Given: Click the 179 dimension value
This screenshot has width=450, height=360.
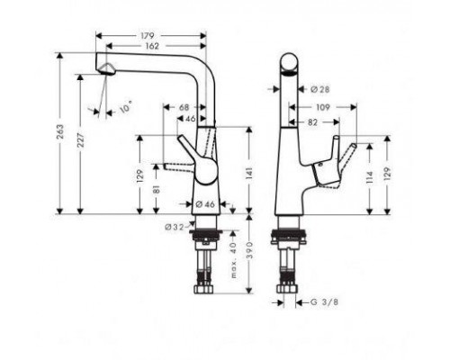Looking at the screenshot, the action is click(x=148, y=36).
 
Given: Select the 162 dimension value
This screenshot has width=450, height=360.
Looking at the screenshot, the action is click(x=152, y=46).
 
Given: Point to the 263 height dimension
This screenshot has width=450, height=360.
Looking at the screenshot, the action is click(x=60, y=132).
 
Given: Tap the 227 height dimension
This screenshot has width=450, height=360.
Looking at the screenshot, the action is click(x=80, y=140).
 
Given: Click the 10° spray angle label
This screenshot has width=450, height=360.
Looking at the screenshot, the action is click(x=126, y=107).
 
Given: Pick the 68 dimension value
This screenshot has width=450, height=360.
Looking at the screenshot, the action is click(x=184, y=107).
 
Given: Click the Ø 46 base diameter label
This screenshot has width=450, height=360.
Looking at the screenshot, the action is click(x=205, y=204).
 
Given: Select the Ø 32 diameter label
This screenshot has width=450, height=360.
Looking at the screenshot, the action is click(x=174, y=228).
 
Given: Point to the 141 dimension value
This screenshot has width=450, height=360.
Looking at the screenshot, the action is click(x=249, y=174).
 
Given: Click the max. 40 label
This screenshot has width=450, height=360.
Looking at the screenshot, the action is click(x=234, y=261).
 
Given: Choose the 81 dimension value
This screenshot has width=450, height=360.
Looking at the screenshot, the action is click(x=156, y=190).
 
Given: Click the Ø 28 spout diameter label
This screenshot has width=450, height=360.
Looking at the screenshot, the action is click(x=320, y=89).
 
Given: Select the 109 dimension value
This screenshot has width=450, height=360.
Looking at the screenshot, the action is click(x=323, y=107).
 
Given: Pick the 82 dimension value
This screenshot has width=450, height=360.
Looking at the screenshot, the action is click(x=312, y=122).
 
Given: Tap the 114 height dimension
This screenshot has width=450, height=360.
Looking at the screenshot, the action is click(x=370, y=177).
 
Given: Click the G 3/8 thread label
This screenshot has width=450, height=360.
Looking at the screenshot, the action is click(x=324, y=302).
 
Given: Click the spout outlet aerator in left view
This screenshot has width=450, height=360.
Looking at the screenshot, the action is click(x=106, y=69).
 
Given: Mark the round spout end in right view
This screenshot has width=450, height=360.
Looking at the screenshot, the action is click(x=290, y=64).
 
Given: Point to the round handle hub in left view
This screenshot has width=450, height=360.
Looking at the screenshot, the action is click(x=206, y=171).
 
